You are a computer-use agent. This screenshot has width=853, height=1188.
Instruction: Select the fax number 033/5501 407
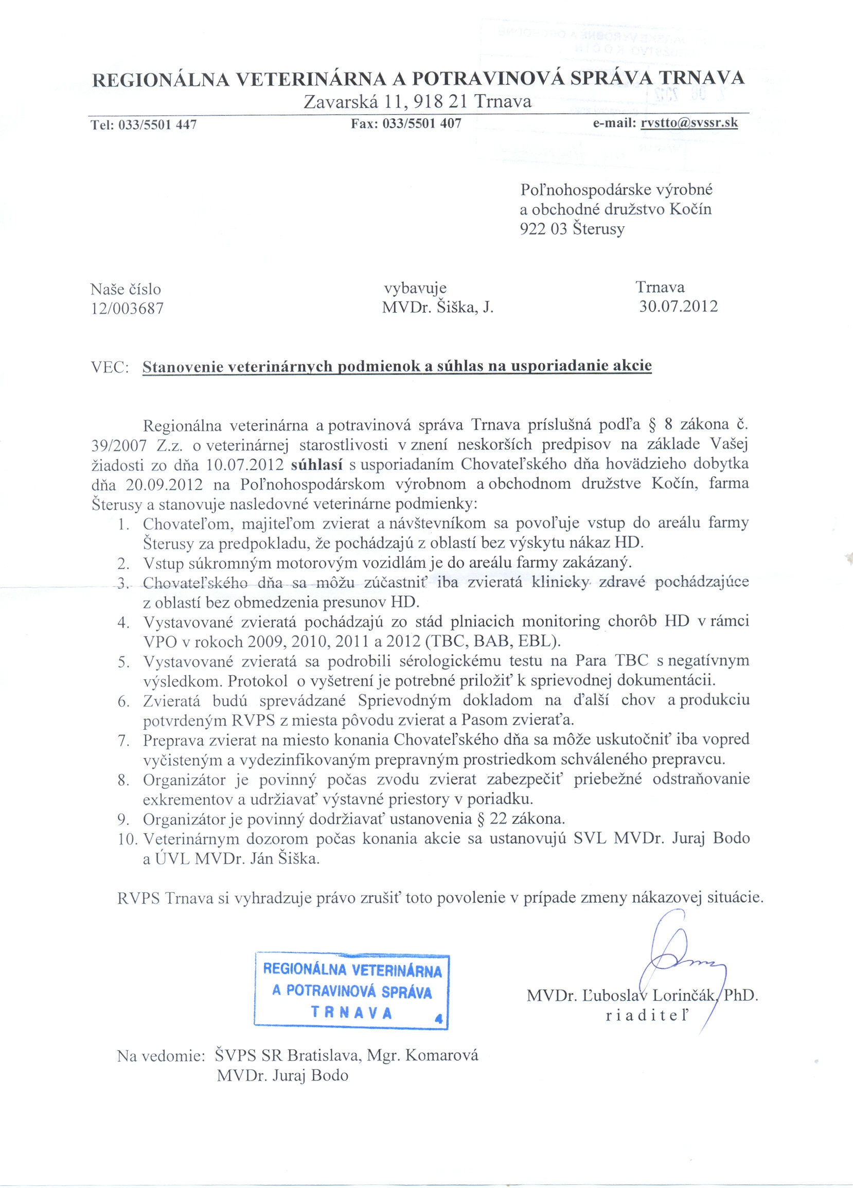[422, 124]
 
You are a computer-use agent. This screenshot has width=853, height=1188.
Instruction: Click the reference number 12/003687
[127, 309]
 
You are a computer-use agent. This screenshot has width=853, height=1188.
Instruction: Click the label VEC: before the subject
[110, 368]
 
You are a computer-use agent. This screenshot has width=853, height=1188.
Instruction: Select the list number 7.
[123, 740]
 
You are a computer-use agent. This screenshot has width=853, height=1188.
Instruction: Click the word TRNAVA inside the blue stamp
[351, 1012]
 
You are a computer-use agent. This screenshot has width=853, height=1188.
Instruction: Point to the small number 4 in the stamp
[438, 1019]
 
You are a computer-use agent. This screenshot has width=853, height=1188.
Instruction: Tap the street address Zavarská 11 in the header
[353, 101]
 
